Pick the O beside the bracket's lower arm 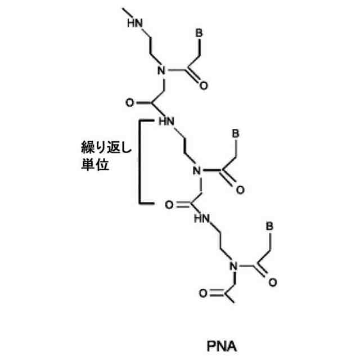coord(167,205)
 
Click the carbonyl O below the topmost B coord(203,87)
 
